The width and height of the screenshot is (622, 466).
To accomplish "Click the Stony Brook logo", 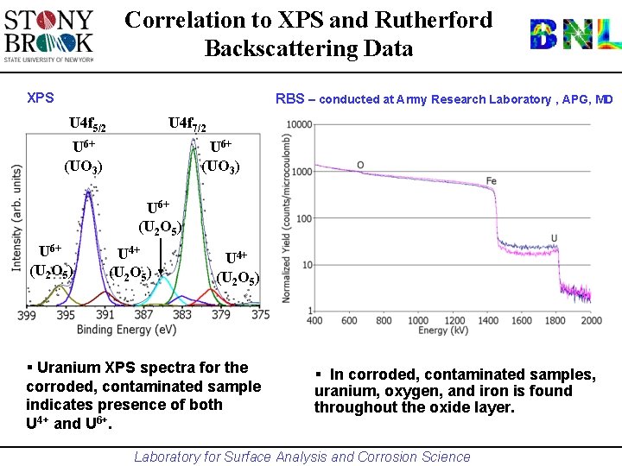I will [x=49, y=35].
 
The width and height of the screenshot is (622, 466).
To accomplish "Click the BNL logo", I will [x=574, y=35].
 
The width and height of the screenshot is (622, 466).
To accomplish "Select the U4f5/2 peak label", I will [x=88, y=125].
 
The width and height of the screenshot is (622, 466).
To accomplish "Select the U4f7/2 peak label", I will [x=187, y=125].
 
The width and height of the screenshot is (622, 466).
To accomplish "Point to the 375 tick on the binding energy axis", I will [x=260, y=315].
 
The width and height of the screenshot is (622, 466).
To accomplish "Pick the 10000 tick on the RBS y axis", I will [x=298, y=125].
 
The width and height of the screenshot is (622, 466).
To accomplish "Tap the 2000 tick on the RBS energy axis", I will [x=591, y=321].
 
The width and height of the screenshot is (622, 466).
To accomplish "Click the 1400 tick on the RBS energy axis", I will [x=487, y=321].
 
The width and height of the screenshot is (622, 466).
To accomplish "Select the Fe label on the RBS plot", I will [x=491, y=181].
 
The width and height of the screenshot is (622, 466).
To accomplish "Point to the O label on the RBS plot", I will [x=360, y=164].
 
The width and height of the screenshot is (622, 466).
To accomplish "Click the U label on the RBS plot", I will [x=553, y=238].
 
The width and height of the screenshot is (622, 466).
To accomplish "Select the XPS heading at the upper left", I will [x=40, y=98].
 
